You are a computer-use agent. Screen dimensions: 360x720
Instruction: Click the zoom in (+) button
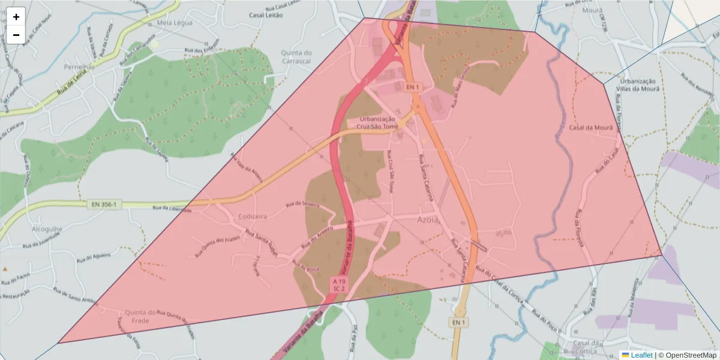[16, 17]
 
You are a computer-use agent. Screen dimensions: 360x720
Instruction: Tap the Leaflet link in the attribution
[641, 355]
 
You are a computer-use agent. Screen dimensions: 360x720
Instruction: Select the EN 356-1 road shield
[104, 205]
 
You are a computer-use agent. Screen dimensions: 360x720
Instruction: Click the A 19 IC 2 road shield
[339, 284]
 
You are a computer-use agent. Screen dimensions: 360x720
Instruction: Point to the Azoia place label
[428, 220]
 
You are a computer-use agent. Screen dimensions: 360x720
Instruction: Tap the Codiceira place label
[251, 216]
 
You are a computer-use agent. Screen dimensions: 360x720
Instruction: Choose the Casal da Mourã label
[591, 128]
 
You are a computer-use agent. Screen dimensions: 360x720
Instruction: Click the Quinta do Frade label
[140, 316]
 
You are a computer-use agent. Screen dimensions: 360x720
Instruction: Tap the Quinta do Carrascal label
[296, 56]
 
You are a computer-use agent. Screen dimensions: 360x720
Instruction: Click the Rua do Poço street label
[543, 312]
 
